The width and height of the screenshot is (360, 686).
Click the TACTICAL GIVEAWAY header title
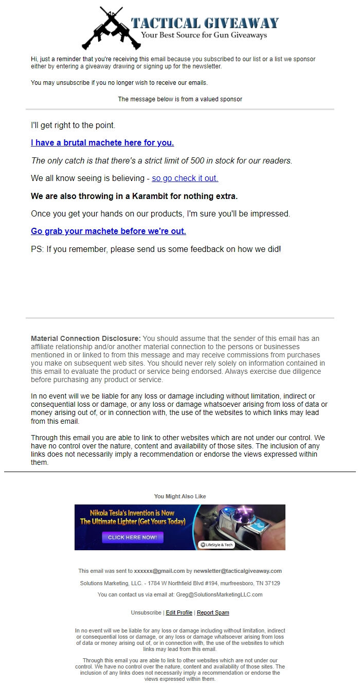[205, 23]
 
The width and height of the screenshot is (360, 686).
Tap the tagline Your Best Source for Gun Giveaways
[204, 35]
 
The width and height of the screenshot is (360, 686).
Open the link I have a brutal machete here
[102, 142]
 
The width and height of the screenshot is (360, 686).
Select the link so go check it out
[185, 178]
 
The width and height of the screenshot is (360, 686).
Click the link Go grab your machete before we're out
[109, 231]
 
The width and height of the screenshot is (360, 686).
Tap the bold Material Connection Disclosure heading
[85, 338]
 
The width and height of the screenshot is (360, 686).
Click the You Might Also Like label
[180, 496]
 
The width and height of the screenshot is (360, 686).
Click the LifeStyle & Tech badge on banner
[216, 545]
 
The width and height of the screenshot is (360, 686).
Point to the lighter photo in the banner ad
[247, 525]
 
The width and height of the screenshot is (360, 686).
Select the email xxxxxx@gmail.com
[159, 571]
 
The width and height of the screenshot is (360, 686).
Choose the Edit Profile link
[179, 612]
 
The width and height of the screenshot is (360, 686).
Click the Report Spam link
[213, 612]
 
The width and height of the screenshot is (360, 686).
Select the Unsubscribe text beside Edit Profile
[146, 612]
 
